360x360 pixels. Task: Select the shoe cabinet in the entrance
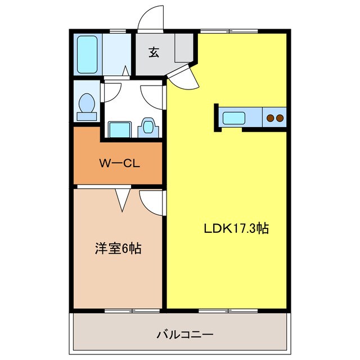click(x=184, y=48)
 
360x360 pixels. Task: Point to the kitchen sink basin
click(x=233, y=119)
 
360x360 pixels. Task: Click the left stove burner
click(x=271, y=119)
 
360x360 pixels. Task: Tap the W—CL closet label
click(x=119, y=164)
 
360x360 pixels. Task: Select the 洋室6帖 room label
click(x=117, y=248)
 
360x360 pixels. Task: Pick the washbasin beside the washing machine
click(x=148, y=126)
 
